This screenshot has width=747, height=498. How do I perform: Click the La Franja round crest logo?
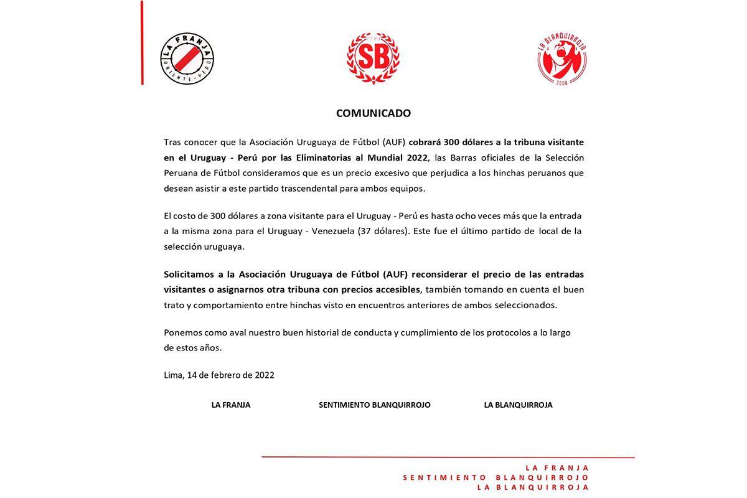pos(187,59)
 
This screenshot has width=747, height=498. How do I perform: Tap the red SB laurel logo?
pos(373,59)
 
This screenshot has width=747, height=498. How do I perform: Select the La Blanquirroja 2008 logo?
pos(562,59)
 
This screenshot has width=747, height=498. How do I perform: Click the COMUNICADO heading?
pos(374,113)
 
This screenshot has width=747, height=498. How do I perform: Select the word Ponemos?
pos(182,332)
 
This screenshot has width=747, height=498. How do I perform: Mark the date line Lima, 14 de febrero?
pos(219,375)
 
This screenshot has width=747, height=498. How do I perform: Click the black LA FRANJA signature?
pos(231,405)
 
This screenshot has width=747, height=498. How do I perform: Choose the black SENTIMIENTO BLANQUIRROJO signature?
pos(375,405)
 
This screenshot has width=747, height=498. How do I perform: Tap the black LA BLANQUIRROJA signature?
pos(518,405)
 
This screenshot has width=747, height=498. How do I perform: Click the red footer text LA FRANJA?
pos(557,468)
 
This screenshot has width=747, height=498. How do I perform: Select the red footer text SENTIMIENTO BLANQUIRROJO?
pos(496,478)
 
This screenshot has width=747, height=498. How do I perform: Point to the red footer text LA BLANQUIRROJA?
pos(533,488)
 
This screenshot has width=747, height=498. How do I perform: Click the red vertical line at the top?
pos(142,42)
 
